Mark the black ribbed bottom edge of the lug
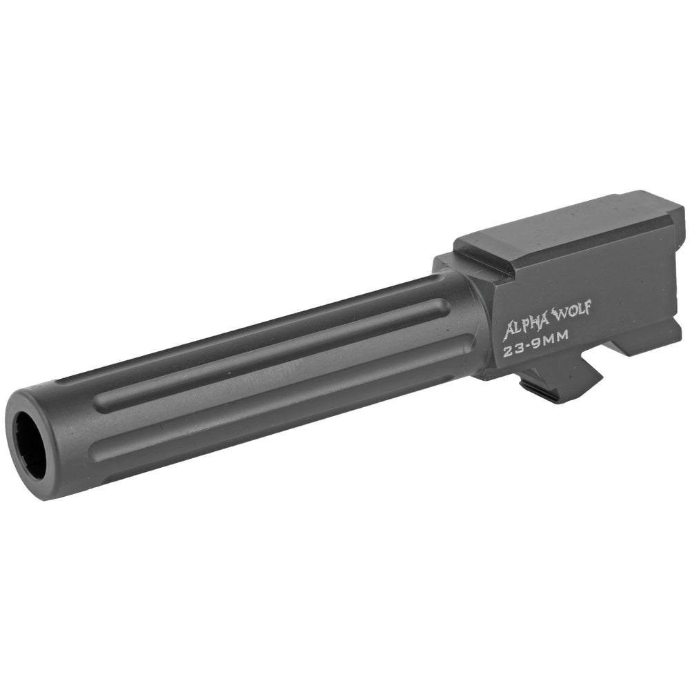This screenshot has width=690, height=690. point(545,394)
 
